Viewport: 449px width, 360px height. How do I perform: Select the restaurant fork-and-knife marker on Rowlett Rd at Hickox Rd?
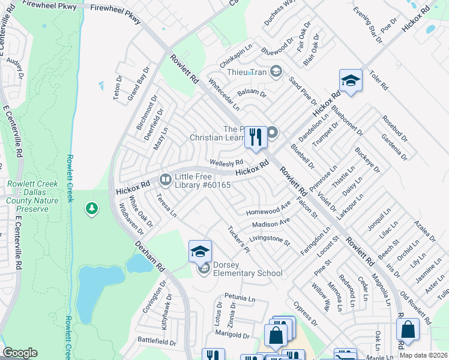(255, 137)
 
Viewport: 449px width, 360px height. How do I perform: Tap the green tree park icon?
(91, 208)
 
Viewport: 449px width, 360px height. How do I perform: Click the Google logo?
(20, 353)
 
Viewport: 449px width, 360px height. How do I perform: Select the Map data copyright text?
(423, 355)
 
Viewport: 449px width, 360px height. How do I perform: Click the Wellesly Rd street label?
(226, 163)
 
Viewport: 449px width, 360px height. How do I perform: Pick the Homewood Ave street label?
(268, 210)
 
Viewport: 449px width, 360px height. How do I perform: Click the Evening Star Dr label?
(367, 25)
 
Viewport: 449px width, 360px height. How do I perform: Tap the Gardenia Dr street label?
(394, 146)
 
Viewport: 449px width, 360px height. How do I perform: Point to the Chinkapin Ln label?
(235, 55)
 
